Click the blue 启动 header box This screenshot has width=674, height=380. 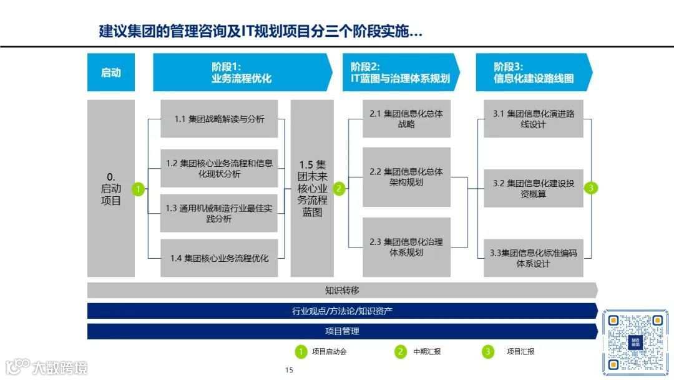pos(110,72)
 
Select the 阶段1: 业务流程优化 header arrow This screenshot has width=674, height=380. pos(241,72)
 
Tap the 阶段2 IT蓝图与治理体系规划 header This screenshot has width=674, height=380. pos(400,72)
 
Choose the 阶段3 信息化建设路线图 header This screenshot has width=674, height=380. pos(533,72)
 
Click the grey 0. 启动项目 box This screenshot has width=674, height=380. pos(111,188)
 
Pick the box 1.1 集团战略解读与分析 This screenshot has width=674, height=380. pos(218,119)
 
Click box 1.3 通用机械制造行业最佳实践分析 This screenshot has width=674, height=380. pos(218,213)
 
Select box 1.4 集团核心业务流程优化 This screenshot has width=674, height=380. pos(218,257)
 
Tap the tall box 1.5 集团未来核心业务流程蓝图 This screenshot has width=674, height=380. pos(312,188)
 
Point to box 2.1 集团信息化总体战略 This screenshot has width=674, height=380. pos(406,119)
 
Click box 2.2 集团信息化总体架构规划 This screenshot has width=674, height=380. pos(406,177)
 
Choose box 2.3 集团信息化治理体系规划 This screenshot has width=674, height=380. pos(406,247)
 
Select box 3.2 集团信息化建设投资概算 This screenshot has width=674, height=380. pos(533,188)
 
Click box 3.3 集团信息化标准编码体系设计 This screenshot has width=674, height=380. pos(533,258)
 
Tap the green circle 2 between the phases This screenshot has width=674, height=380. pos(339,188)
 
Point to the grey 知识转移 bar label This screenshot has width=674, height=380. pos(342,290)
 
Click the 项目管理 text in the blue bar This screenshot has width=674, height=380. pos(342,331)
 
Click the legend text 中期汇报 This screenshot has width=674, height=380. pos(427,352)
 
